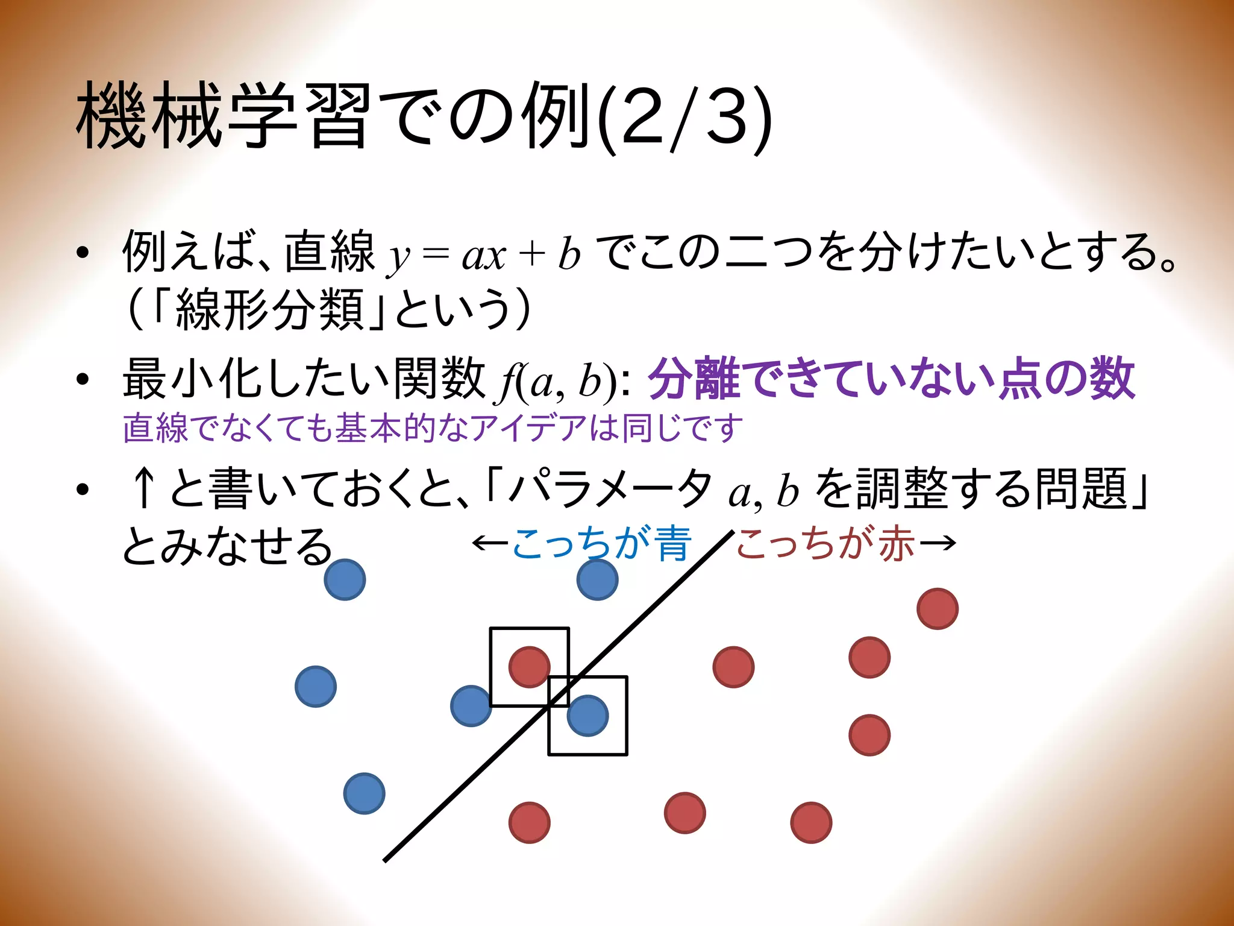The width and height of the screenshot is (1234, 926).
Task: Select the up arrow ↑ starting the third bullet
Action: pos(143,488)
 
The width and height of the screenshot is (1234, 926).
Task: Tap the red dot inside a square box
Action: pos(529,667)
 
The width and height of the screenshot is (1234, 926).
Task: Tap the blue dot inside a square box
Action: pos(587,716)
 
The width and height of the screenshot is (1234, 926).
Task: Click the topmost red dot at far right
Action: pos(938,609)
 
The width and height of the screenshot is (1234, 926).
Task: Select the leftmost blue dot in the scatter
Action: pos(316,687)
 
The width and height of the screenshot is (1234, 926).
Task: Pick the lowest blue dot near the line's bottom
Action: pos(364,793)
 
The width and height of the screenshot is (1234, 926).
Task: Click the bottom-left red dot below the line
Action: pos(529,822)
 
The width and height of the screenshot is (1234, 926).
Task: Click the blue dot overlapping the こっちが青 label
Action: pos(597,580)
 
